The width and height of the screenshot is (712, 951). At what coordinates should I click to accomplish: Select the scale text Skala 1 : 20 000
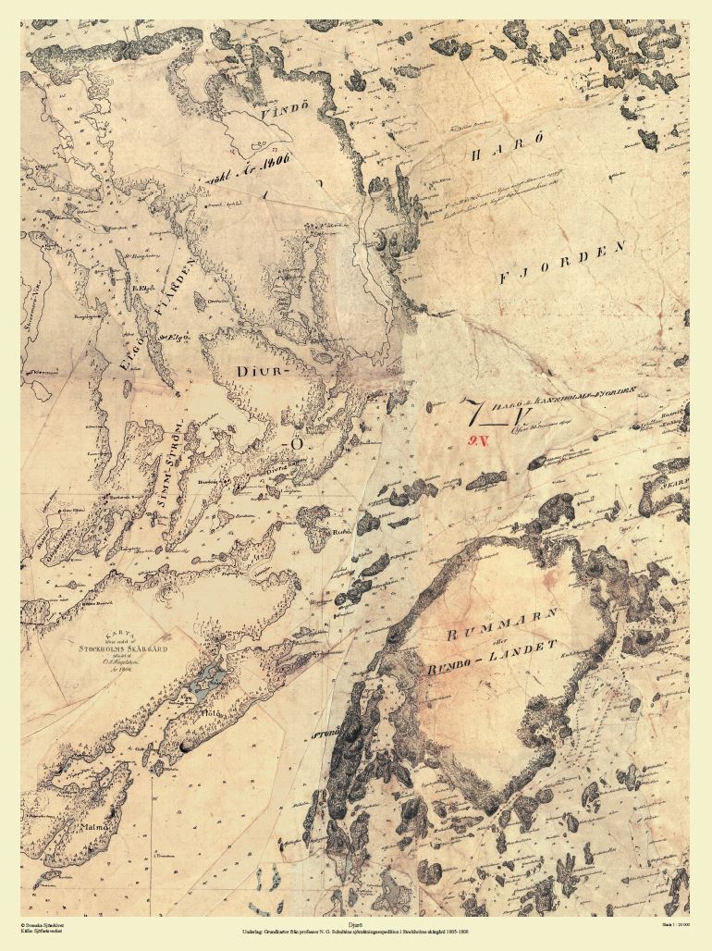(x=675, y=923)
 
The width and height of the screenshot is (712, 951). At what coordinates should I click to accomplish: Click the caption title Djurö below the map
(x=356, y=923)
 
